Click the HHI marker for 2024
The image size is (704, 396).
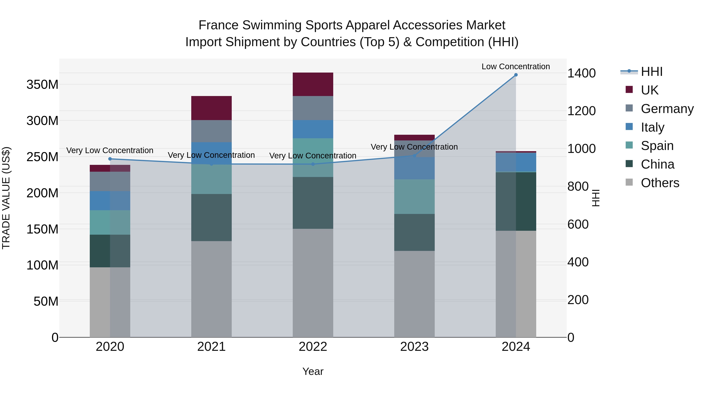pos(516,75)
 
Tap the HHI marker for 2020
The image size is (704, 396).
pos(110,159)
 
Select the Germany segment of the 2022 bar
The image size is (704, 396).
pos(313,108)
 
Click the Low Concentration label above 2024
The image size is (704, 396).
pos(515,66)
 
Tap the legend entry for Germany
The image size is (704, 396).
pos(667,109)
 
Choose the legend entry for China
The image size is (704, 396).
pos(657,164)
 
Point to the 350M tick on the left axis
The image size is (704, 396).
pos(42,84)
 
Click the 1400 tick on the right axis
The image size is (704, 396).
pos(581,73)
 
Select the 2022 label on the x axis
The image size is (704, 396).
pos(313,347)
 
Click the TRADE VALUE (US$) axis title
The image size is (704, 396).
pos(6,198)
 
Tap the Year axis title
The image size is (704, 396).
pos(313,371)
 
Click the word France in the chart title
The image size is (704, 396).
pos(218,25)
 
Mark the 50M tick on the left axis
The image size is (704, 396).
pos(46,301)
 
